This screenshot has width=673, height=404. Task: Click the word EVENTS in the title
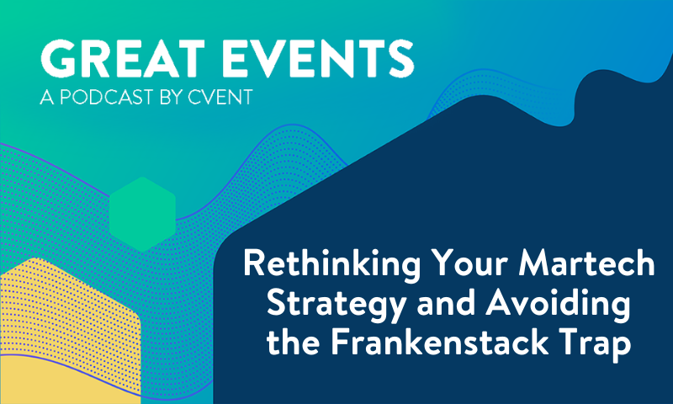(316, 57)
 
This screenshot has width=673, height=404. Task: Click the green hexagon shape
(142, 214)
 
